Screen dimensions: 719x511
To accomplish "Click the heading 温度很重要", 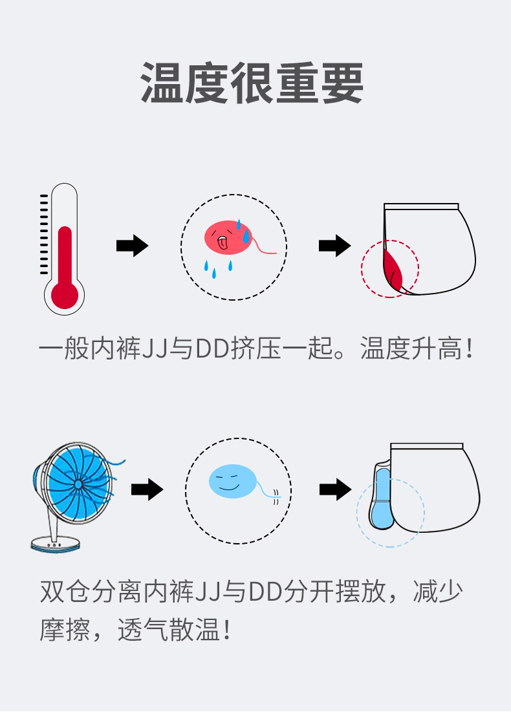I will click(x=252, y=84).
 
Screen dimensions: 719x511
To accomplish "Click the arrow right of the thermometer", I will click(x=132, y=246).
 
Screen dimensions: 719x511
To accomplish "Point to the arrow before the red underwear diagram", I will click(x=334, y=246).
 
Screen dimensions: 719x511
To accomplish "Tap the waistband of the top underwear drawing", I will click(x=421, y=207).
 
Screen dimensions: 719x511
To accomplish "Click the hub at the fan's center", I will click(x=78, y=483).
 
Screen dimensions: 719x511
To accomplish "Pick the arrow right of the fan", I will click(x=147, y=490).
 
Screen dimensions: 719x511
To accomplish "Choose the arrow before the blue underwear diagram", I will click(x=335, y=490).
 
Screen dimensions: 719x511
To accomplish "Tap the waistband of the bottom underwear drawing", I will click(x=426, y=446).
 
